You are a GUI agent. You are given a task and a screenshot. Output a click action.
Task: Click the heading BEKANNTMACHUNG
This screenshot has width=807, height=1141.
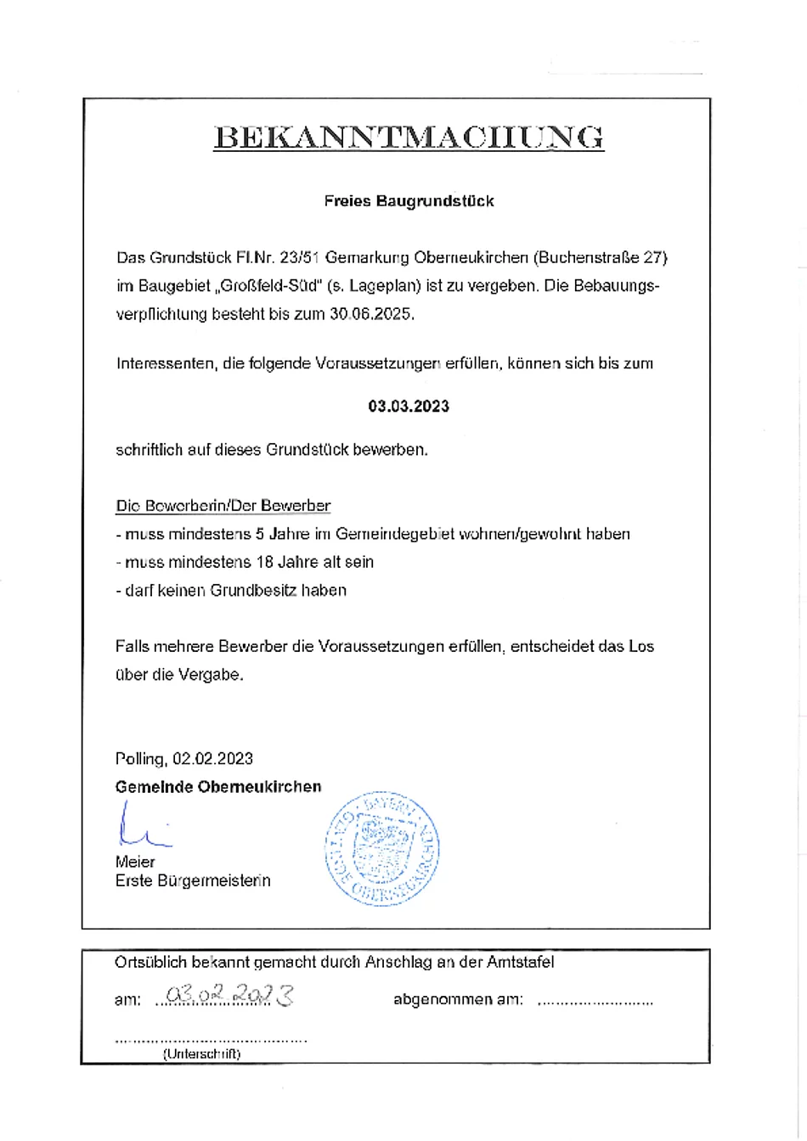pyautogui.click(x=409, y=138)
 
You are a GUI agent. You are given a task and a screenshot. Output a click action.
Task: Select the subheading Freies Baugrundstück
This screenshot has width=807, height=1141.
pyautogui.click(x=409, y=201)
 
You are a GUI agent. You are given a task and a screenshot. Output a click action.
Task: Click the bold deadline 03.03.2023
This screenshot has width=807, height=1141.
pyautogui.click(x=409, y=406)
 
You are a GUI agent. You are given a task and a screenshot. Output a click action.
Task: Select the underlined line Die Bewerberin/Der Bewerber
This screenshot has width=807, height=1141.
pyautogui.click(x=223, y=506)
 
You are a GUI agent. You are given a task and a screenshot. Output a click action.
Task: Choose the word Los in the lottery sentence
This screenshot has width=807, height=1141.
pyautogui.click(x=641, y=646)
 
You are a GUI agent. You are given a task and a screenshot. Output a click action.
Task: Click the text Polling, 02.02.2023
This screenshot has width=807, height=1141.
pyautogui.click(x=183, y=758)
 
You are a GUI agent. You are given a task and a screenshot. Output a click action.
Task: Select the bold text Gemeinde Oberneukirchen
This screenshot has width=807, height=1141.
pyautogui.click(x=218, y=786)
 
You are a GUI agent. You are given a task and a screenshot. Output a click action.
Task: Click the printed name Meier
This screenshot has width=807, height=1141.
pyautogui.click(x=135, y=862)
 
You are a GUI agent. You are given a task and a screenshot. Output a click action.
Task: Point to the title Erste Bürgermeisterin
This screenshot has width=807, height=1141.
pyautogui.click(x=193, y=880)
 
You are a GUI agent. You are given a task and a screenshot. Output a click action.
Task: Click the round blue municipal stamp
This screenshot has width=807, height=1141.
pyautogui.click(x=382, y=847)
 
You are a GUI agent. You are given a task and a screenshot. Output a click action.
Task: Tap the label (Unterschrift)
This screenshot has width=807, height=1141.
pyautogui.click(x=201, y=1054)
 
